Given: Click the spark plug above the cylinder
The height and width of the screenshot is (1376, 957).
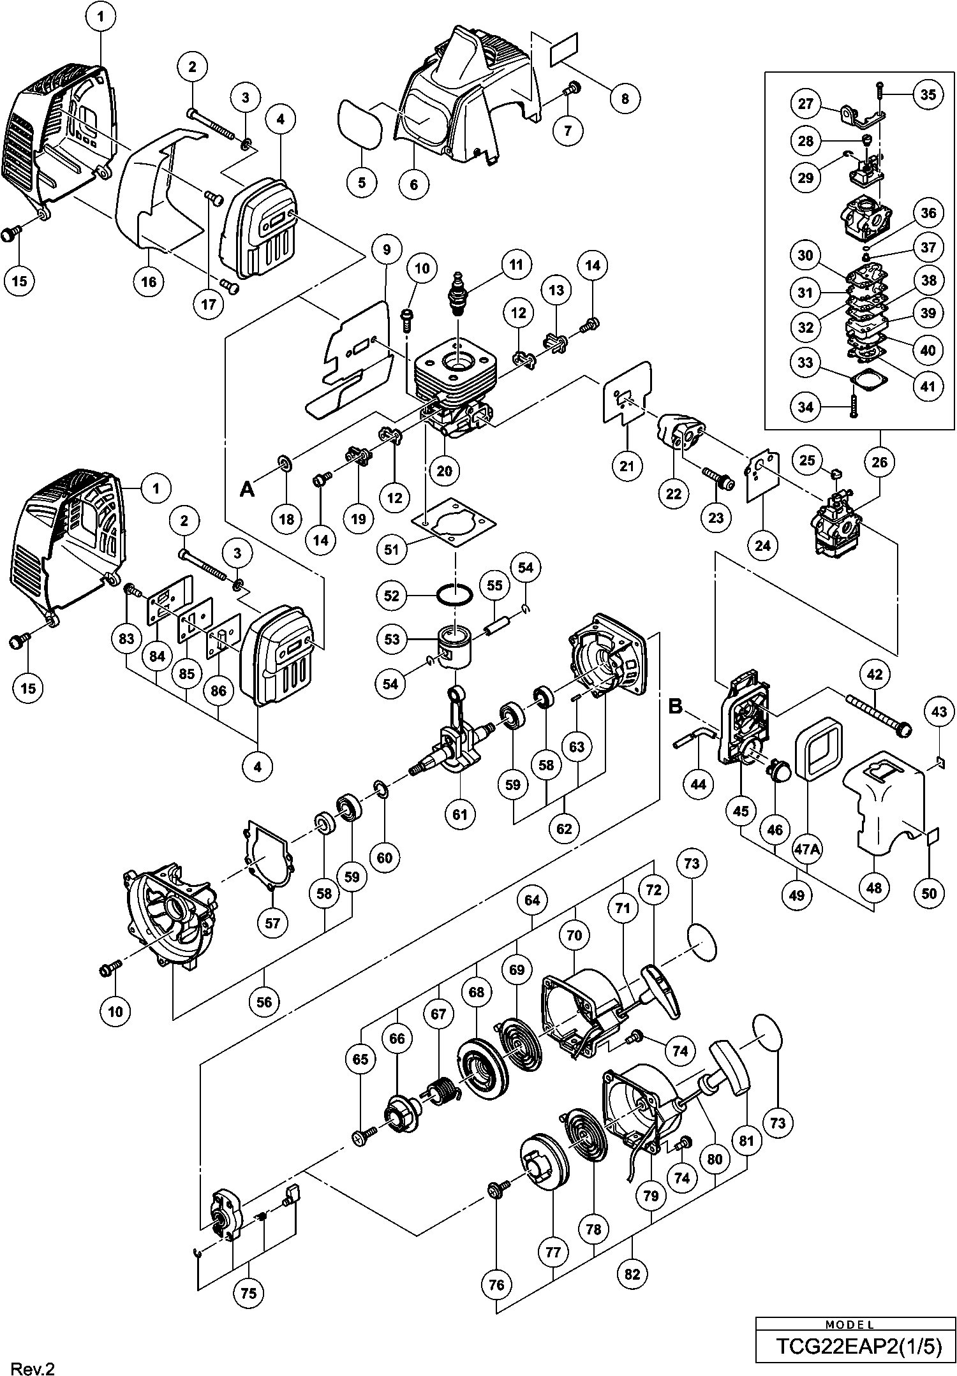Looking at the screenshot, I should click(x=459, y=293).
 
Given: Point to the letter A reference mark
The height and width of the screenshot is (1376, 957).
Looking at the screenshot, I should click(x=248, y=489).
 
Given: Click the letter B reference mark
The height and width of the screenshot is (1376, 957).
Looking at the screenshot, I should click(x=676, y=706).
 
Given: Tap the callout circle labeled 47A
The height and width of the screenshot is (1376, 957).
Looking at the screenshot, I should click(x=806, y=849).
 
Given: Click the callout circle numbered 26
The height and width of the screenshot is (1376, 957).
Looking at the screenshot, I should click(x=879, y=462).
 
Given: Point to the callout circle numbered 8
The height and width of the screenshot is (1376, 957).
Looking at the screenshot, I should click(x=625, y=98).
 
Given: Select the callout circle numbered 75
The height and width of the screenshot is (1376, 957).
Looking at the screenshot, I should click(x=249, y=1292).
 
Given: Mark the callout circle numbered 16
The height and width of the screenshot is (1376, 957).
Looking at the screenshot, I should click(x=149, y=281).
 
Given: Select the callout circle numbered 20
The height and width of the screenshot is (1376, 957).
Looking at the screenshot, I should click(x=445, y=471).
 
